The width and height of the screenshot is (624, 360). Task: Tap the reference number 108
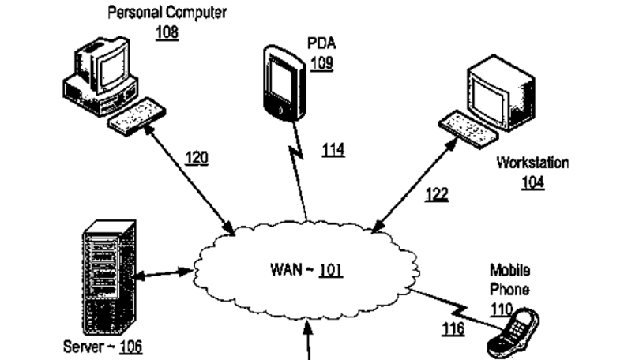click(x=167, y=32)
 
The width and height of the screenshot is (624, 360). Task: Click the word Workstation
click(x=532, y=163)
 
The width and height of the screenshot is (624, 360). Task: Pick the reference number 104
click(x=532, y=182)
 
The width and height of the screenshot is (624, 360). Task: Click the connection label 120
click(x=197, y=159)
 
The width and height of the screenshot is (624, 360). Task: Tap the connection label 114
click(x=333, y=151)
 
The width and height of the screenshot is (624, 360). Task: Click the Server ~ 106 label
click(x=103, y=346)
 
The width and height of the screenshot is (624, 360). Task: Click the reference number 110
click(x=501, y=309)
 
